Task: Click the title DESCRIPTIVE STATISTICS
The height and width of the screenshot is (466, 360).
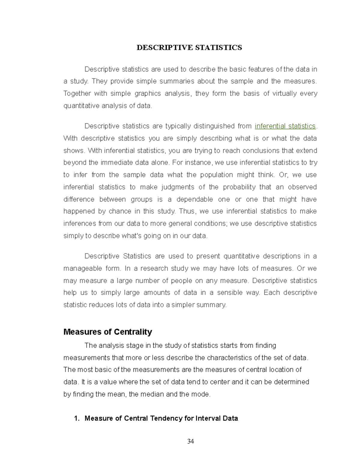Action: (x=189, y=48)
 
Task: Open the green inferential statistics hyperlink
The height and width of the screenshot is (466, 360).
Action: (x=285, y=126)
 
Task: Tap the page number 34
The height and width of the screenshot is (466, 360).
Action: (x=190, y=441)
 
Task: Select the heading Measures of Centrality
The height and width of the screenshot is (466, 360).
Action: (x=108, y=332)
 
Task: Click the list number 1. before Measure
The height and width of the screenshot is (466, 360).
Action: (x=77, y=418)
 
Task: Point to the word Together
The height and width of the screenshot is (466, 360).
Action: (x=77, y=94)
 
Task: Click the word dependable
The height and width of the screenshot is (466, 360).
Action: (x=195, y=200)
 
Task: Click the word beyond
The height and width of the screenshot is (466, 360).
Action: (x=74, y=163)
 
